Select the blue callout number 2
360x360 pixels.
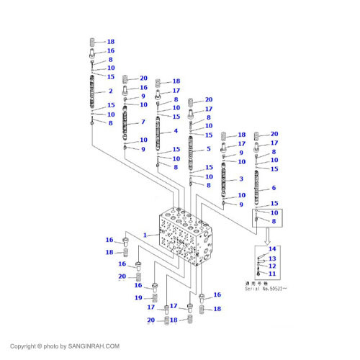click(x=111, y=91)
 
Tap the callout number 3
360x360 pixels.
click(x=241, y=179)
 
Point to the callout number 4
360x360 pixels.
click(x=176, y=132)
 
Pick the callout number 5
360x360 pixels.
click(x=208, y=149)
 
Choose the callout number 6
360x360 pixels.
click(x=274, y=189)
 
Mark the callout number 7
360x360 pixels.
click(x=143, y=122)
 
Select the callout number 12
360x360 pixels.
click(x=272, y=266)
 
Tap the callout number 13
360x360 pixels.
click(x=272, y=258)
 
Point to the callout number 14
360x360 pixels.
click(x=272, y=249)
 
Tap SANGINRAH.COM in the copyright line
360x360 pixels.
click(x=94, y=346)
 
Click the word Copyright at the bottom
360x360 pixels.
click(x=21, y=346)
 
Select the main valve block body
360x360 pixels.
click(x=186, y=241)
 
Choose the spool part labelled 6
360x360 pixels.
click(x=256, y=189)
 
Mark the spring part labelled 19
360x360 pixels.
click(x=153, y=297)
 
